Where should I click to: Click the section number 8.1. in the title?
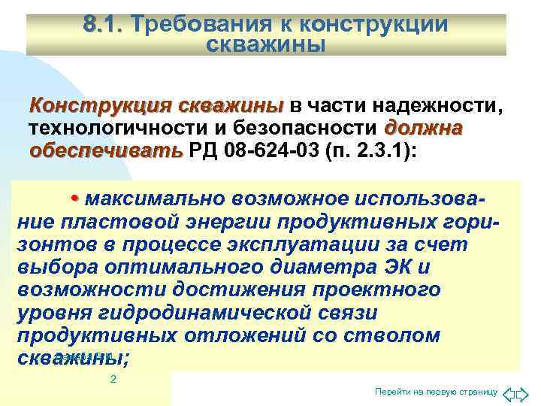104,25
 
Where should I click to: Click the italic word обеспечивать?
105,148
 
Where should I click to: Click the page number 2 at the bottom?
113,380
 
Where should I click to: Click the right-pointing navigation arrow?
524,393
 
